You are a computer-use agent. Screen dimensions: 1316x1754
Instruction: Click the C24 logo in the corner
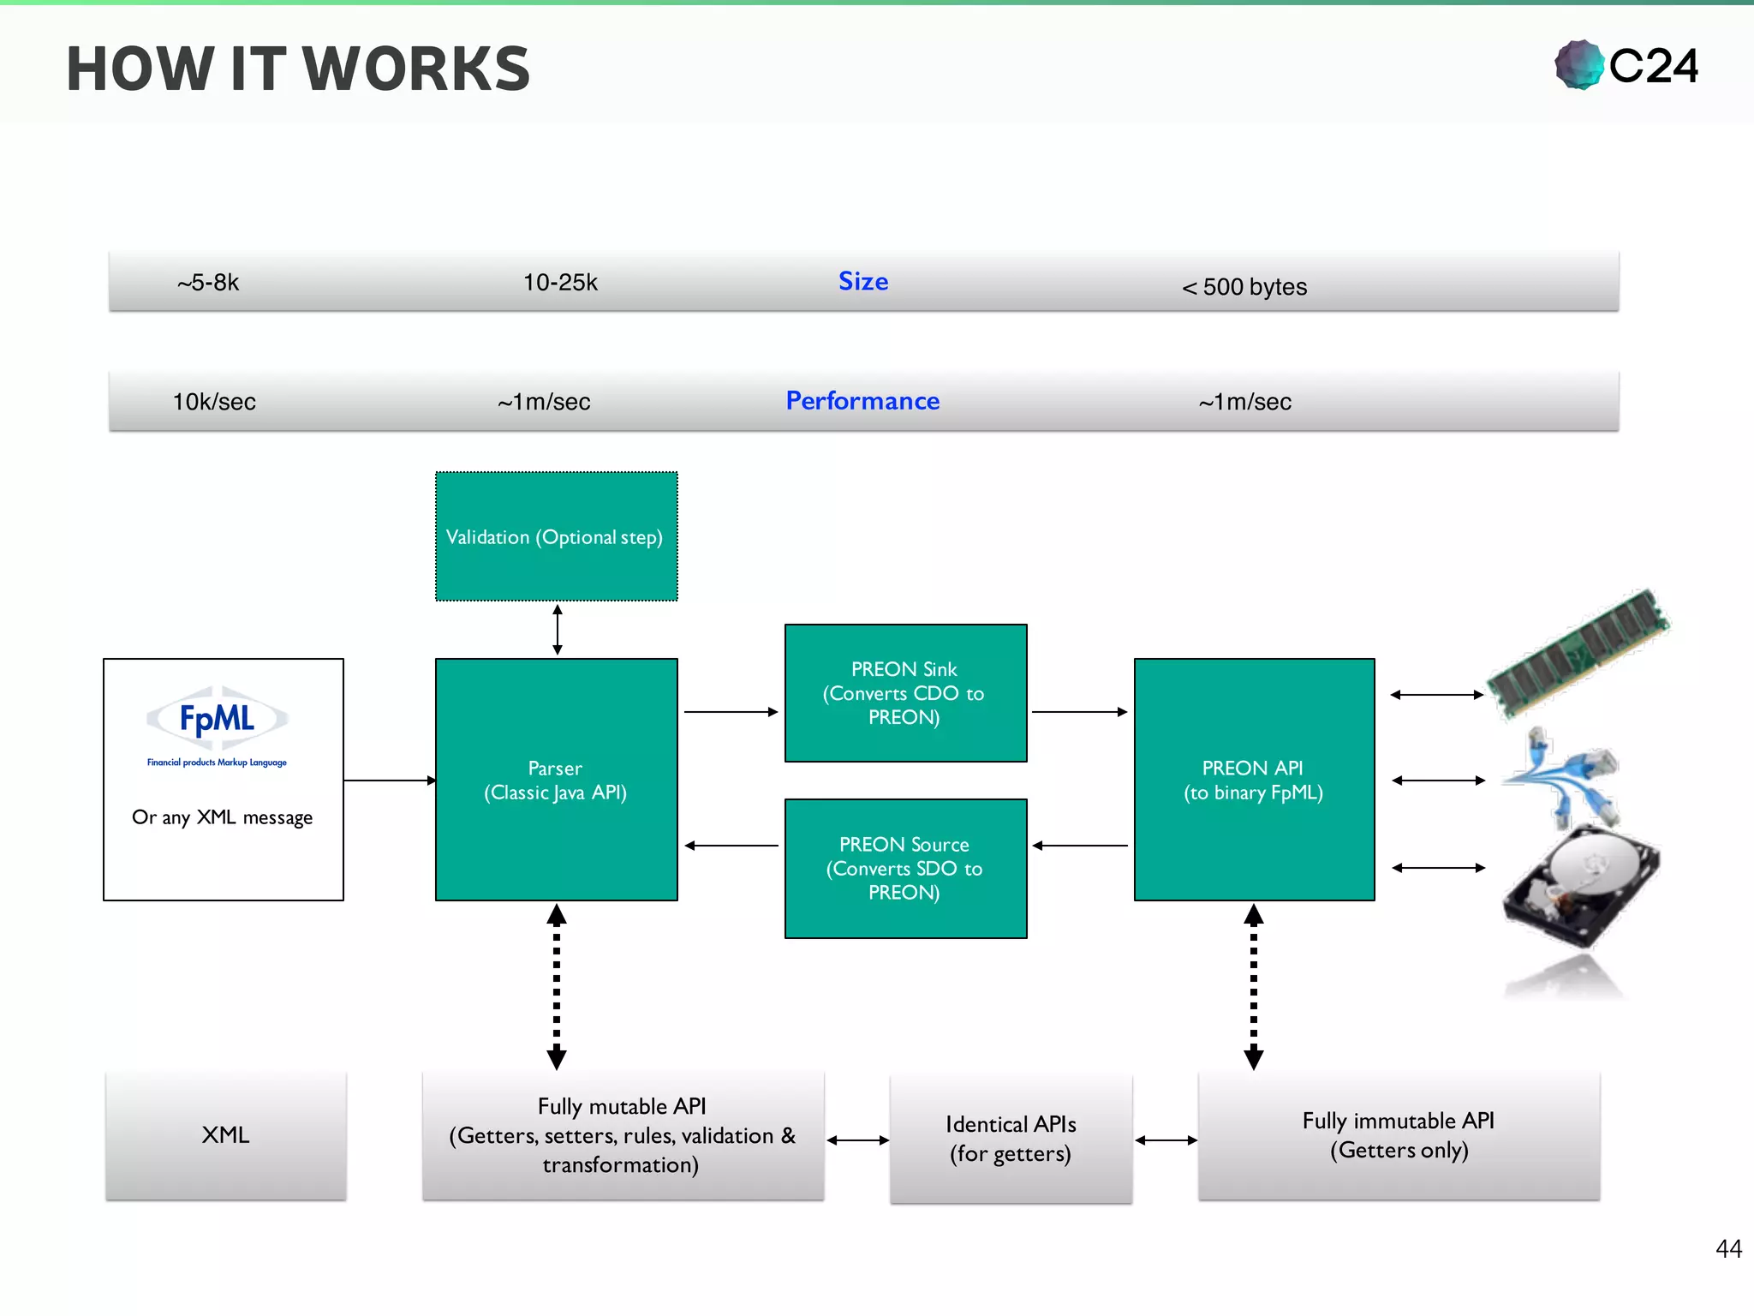[1626, 65]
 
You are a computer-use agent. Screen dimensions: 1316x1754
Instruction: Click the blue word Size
[862, 281]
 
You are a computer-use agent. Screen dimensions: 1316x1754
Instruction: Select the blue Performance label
[862, 401]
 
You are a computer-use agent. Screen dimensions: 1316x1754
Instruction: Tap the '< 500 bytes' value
[1244, 286]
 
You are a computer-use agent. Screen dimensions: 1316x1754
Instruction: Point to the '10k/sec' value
[214, 402]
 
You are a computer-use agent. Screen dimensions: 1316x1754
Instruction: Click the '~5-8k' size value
[208, 283]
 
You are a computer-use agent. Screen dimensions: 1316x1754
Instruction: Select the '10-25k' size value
[560, 283]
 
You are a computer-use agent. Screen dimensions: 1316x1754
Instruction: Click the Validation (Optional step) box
[556, 536]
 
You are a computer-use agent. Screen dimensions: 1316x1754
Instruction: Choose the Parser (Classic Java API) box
[556, 780]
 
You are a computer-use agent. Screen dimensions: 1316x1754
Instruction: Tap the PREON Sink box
[905, 693]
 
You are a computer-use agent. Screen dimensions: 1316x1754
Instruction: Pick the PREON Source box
[905, 869]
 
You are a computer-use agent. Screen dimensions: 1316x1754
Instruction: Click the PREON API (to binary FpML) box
[1254, 780]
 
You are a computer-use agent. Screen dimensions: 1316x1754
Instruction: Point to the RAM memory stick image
[1578, 653]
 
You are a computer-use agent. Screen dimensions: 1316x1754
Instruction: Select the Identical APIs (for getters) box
[1011, 1139]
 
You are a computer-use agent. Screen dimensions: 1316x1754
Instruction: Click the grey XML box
[226, 1135]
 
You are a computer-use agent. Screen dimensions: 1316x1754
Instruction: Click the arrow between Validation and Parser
[558, 630]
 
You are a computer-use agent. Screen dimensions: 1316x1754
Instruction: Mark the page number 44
[1728, 1248]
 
